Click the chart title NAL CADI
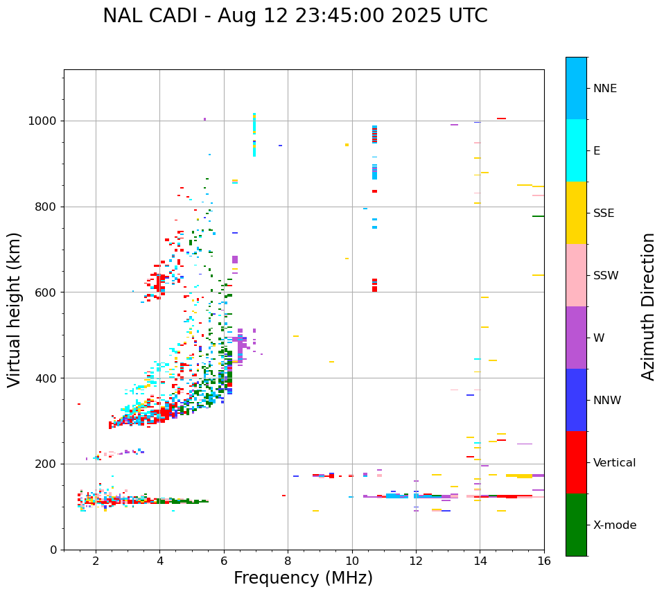tap(295, 16)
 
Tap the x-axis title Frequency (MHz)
tap(303, 578)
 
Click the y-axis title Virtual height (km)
tap(15, 309)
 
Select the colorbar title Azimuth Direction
tap(648, 306)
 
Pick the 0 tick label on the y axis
tap(53, 550)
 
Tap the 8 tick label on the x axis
tap(288, 561)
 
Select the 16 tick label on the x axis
tap(544, 561)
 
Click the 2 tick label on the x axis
tap(96, 561)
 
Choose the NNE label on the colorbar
tap(604, 89)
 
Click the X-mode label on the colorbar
tap(615, 525)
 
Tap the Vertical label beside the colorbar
tap(614, 463)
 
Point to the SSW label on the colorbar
tap(606, 276)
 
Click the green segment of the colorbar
tap(576, 525)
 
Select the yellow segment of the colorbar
tap(576, 213)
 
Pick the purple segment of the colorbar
tap(576, 338)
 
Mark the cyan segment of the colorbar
tap(576, 150)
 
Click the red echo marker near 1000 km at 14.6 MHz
tap(501, 119)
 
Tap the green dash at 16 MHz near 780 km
tap(538, 216)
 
